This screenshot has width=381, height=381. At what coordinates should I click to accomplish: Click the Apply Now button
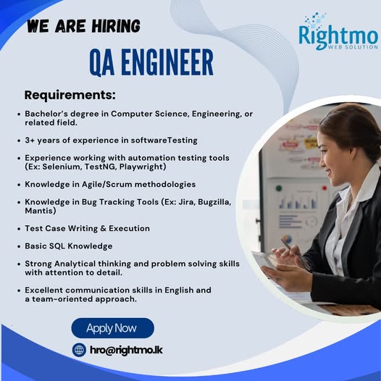[x=112, y=328]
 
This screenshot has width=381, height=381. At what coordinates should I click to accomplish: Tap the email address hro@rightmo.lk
[x=126, y=350]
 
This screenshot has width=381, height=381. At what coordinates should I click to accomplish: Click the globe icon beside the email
[x=79, y=350]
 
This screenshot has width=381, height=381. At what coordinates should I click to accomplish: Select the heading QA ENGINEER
[x=151, y=62]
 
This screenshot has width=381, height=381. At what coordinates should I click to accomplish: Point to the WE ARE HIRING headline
[x=83, y=26]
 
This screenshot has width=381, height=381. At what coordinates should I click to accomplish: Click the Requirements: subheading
[x=70, y=95]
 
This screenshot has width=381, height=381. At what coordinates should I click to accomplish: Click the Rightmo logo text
[x=338, y=36]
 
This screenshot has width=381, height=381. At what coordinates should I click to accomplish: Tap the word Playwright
[x=141, y=167]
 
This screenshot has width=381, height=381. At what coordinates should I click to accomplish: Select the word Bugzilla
[x=214, y=202]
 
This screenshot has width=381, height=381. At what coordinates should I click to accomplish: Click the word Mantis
[x=39, y=211]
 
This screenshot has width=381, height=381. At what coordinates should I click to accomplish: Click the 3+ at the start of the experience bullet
[x=30, y=141]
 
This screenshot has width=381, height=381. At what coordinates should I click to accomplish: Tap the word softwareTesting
[x=164, y=141]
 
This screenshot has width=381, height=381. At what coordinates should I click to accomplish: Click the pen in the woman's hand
[x=296, y=254]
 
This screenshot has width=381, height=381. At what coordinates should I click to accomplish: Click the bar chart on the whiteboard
[x=298, y=201]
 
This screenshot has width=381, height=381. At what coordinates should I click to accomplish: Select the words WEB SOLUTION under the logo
[x=353, y=46]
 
